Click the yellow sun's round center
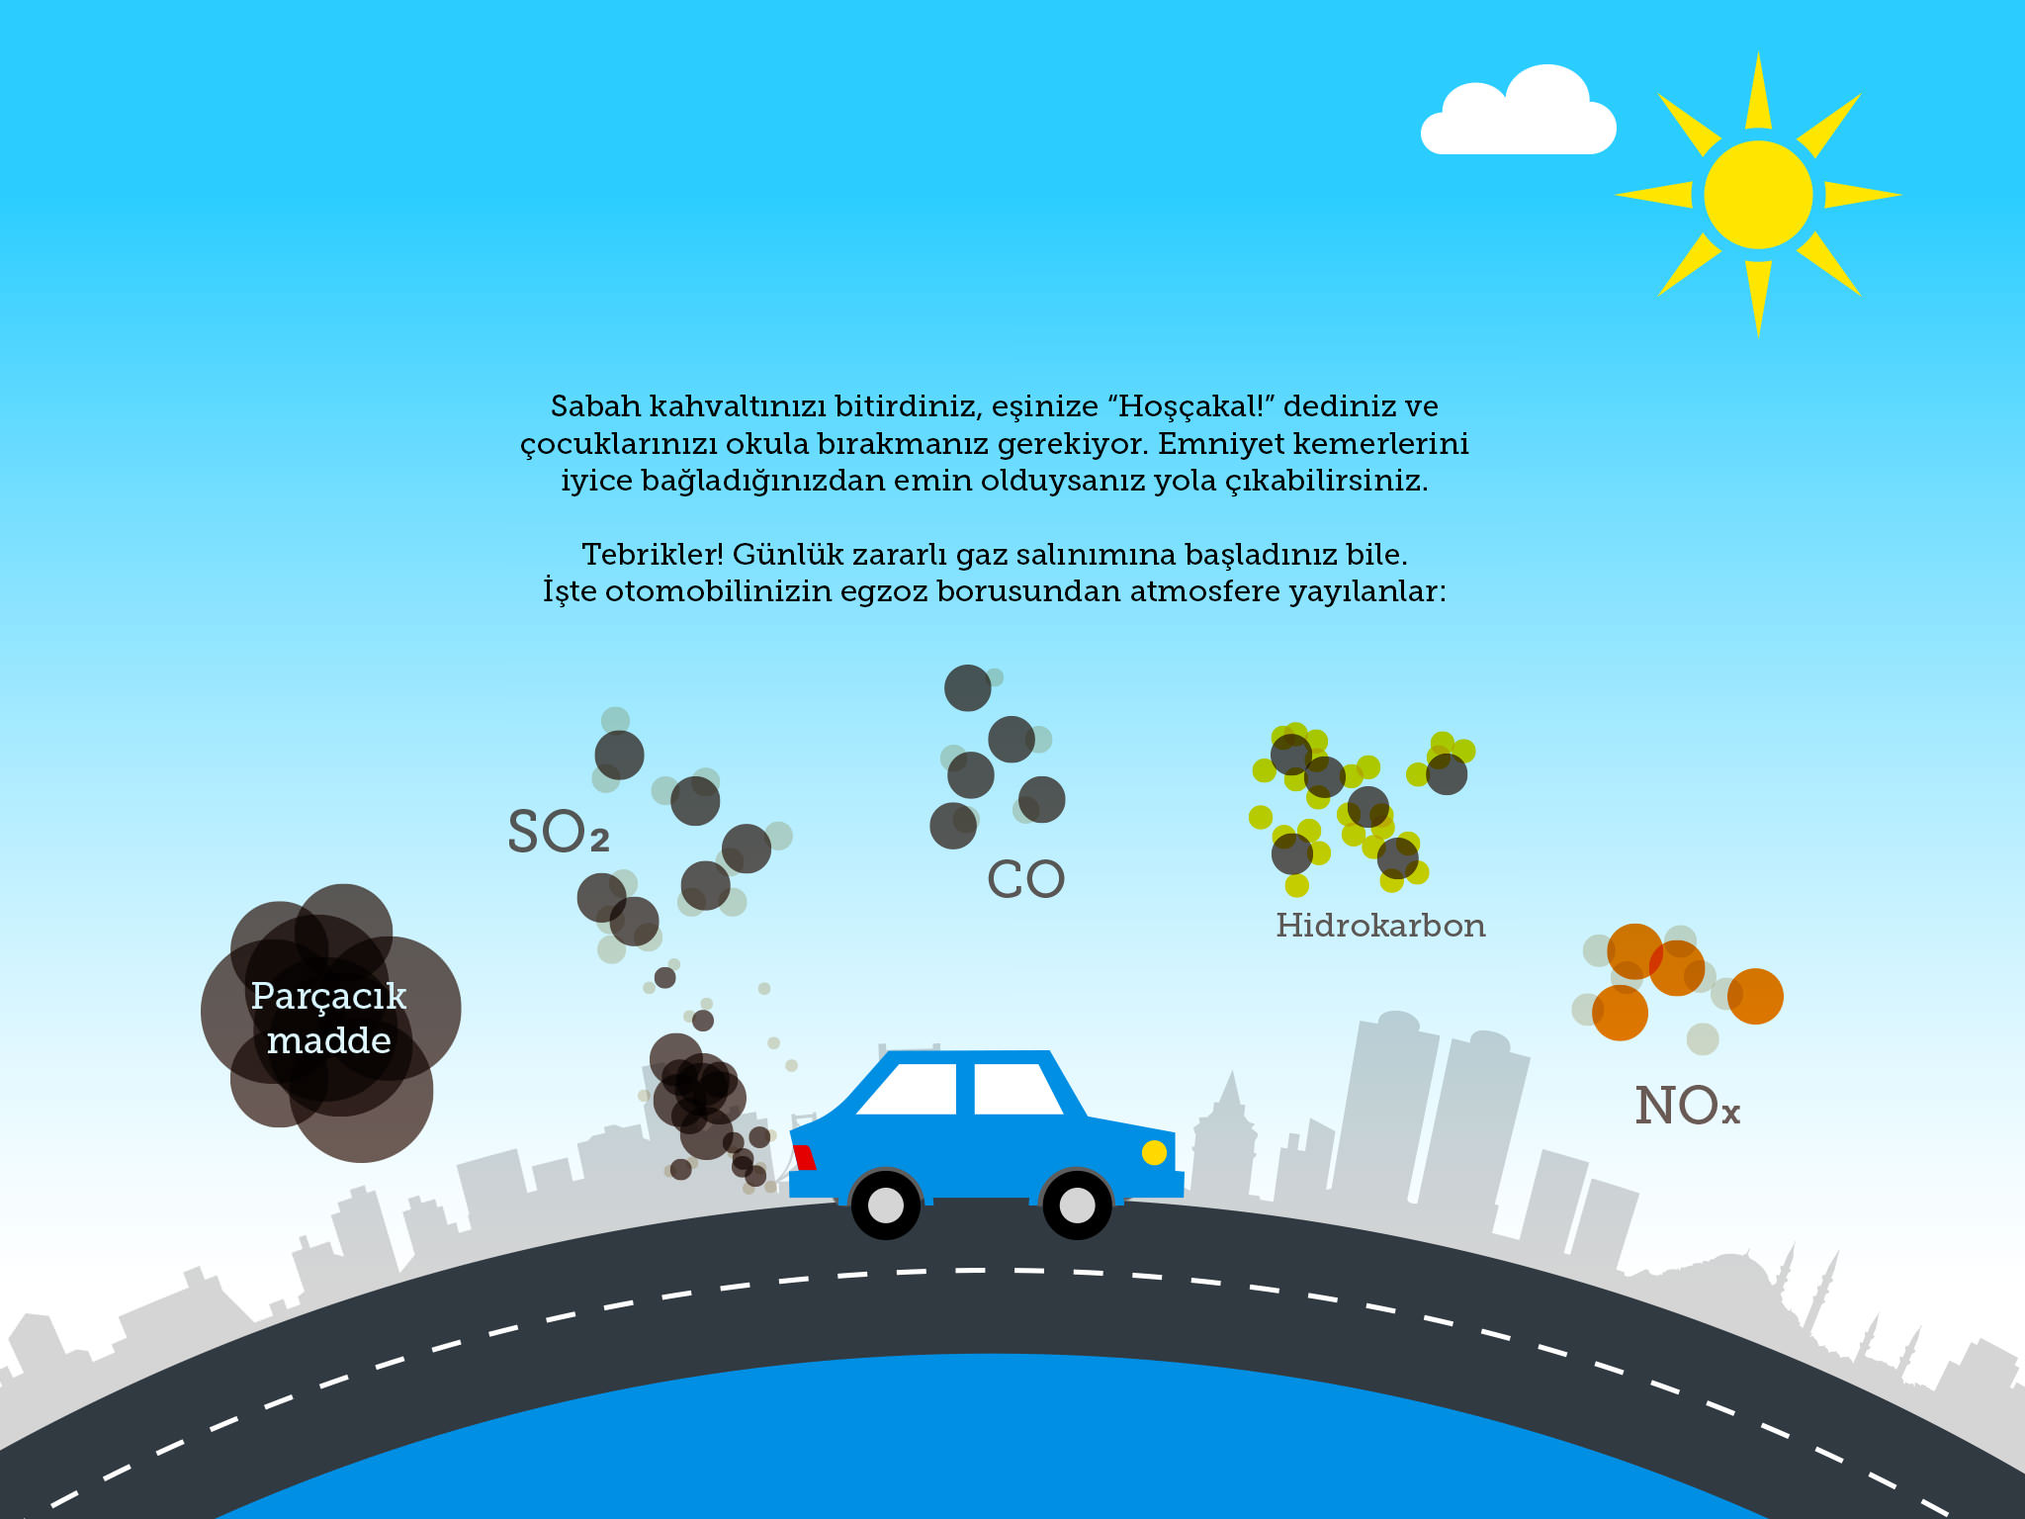point(1758,195)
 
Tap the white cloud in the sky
point(1518,111)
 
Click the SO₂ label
point(559,831)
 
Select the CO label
point(1026,879)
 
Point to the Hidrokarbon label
point(1380,926)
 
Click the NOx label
point(1688,1106)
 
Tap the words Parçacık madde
point(329,1018)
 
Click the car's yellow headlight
point(1154,1152)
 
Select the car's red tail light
point(804,1157)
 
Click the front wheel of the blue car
point(1077,1205)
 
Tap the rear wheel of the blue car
point(885,1205)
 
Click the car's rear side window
point(910,1089)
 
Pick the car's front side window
point(1017,1089)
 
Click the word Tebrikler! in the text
point(653,554)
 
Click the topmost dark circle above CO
point(967,688)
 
